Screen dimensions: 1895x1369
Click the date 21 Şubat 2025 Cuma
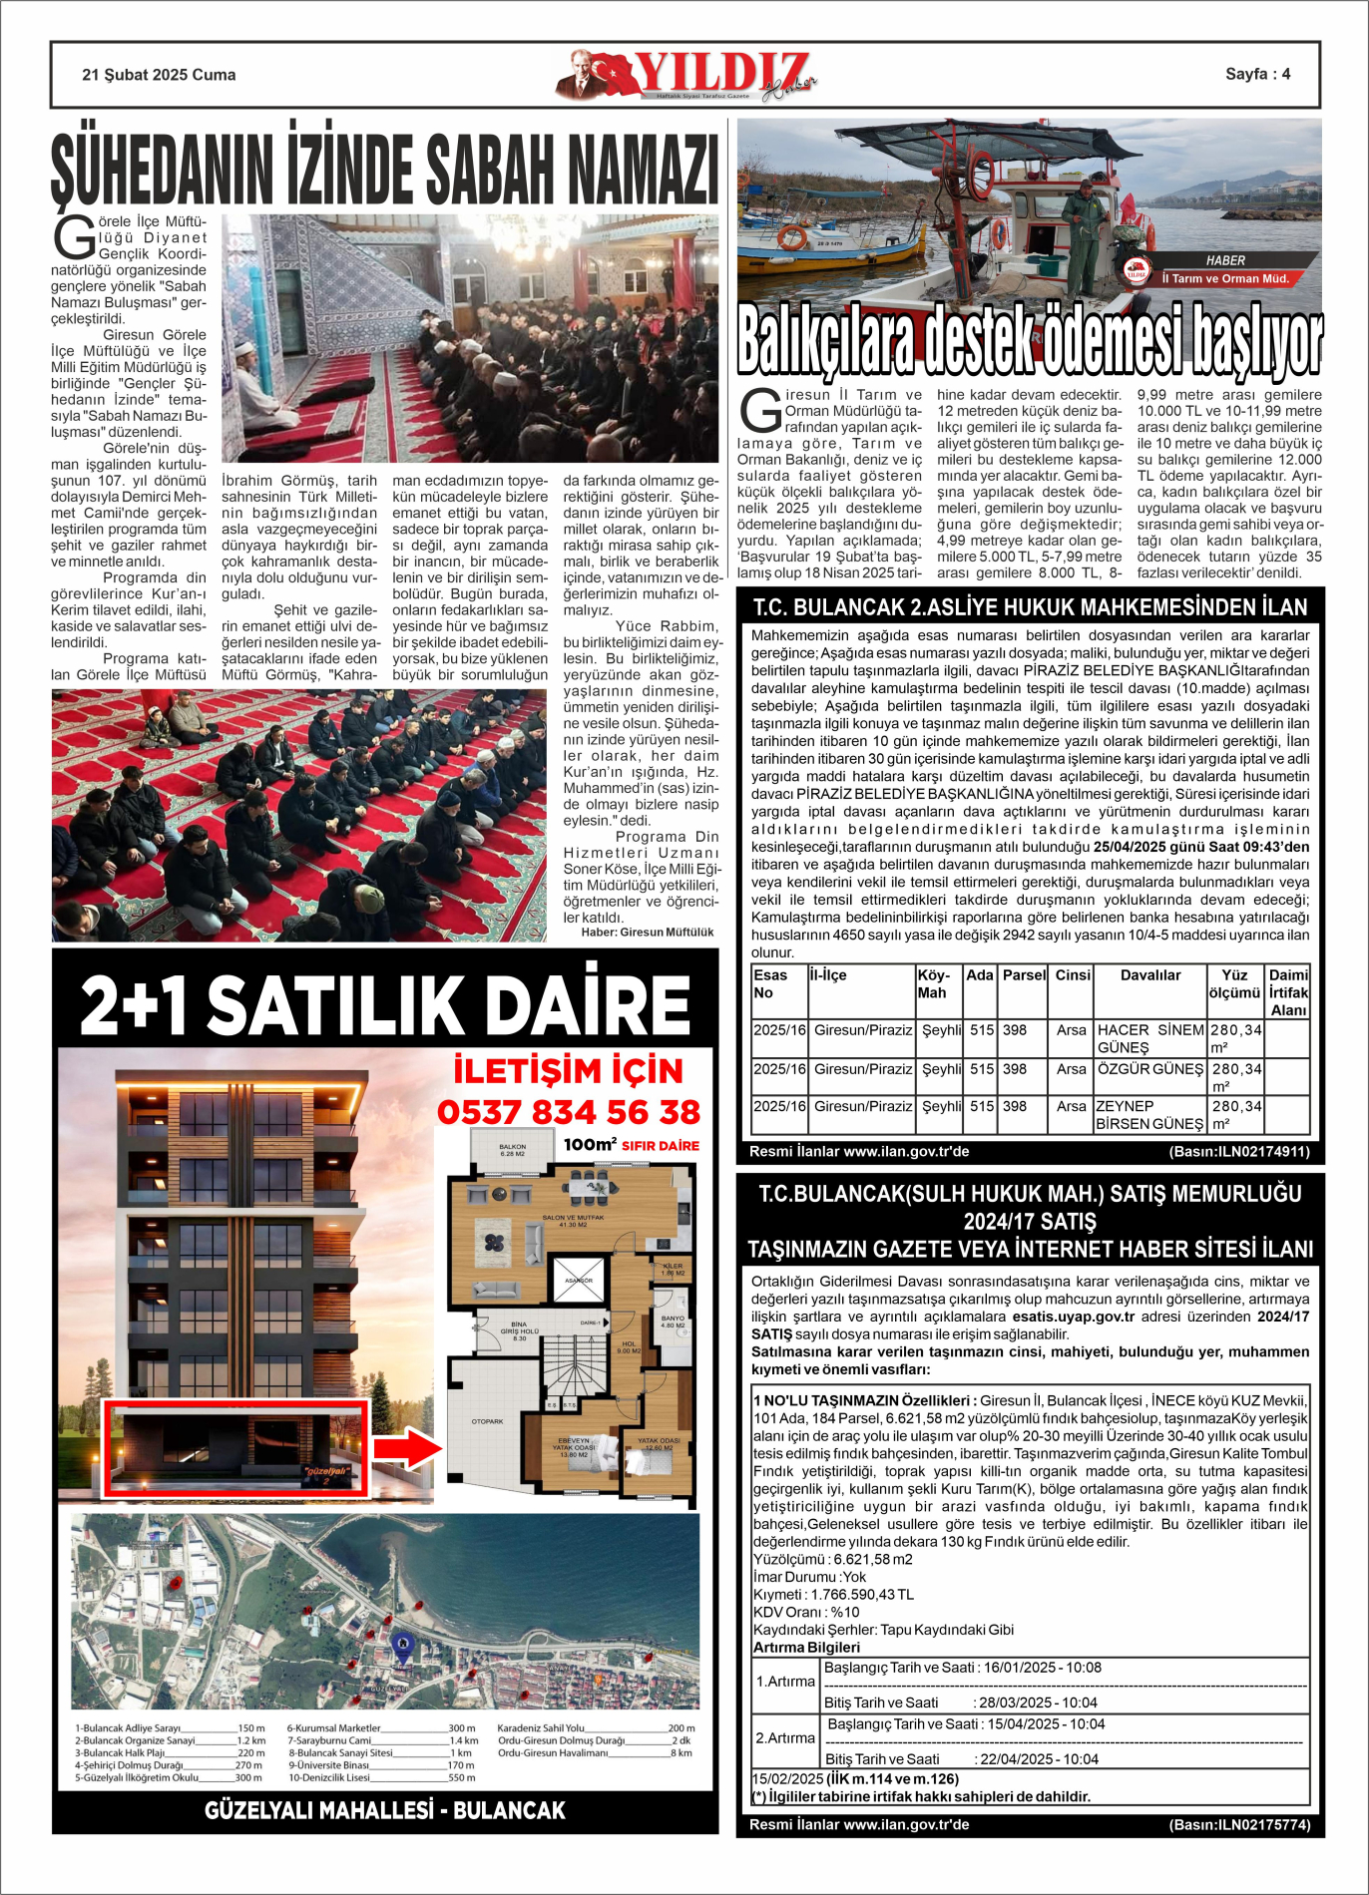tap(159, 75)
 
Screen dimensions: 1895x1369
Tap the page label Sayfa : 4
tap(1257, 74)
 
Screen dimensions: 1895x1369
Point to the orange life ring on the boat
tap(792, 237)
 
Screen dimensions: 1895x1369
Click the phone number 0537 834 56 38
tap(569, 1112)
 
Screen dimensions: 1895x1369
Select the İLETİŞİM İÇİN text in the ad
tap(568, 1071)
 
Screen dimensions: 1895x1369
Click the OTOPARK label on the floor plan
tap(487, 1421)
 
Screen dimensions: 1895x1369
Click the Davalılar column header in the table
tap(1149, 975)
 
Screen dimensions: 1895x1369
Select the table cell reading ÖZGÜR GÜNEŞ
tap(1149, 1069)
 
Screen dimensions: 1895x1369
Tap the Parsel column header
tap(1024, 975)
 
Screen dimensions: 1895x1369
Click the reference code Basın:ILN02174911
tap(1238, 1152)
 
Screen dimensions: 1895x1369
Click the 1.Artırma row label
tap(785, 1682)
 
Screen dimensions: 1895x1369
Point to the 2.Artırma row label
tap(785, 1738)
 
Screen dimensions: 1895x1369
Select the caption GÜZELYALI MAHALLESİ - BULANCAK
tap(385, 1810)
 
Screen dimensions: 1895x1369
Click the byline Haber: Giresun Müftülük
tap(648, 932)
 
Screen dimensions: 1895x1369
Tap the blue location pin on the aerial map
tap(401, 1643)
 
